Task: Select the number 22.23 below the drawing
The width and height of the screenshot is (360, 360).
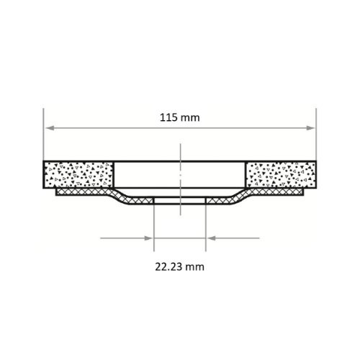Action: pos(168,266)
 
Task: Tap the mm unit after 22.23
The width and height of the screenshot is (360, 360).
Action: pos(195,266)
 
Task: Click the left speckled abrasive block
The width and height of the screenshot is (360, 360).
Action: pos(78,175)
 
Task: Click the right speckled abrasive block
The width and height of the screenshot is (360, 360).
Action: pos(281,175)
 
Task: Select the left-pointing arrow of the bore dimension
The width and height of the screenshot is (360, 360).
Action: pos(212,238)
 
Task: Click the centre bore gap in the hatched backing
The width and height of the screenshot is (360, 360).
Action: pos(180,201)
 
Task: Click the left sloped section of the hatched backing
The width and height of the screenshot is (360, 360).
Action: pos(122,196)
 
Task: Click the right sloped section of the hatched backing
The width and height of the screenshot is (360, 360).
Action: pos(238,196)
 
